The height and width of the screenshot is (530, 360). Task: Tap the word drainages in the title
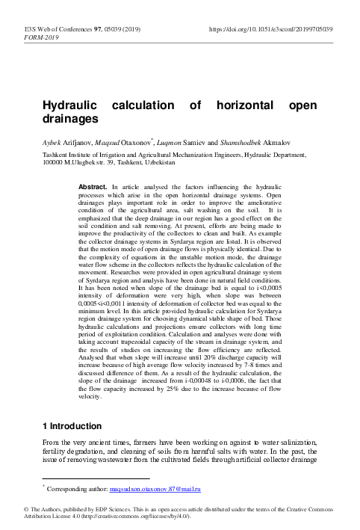(72, 119)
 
